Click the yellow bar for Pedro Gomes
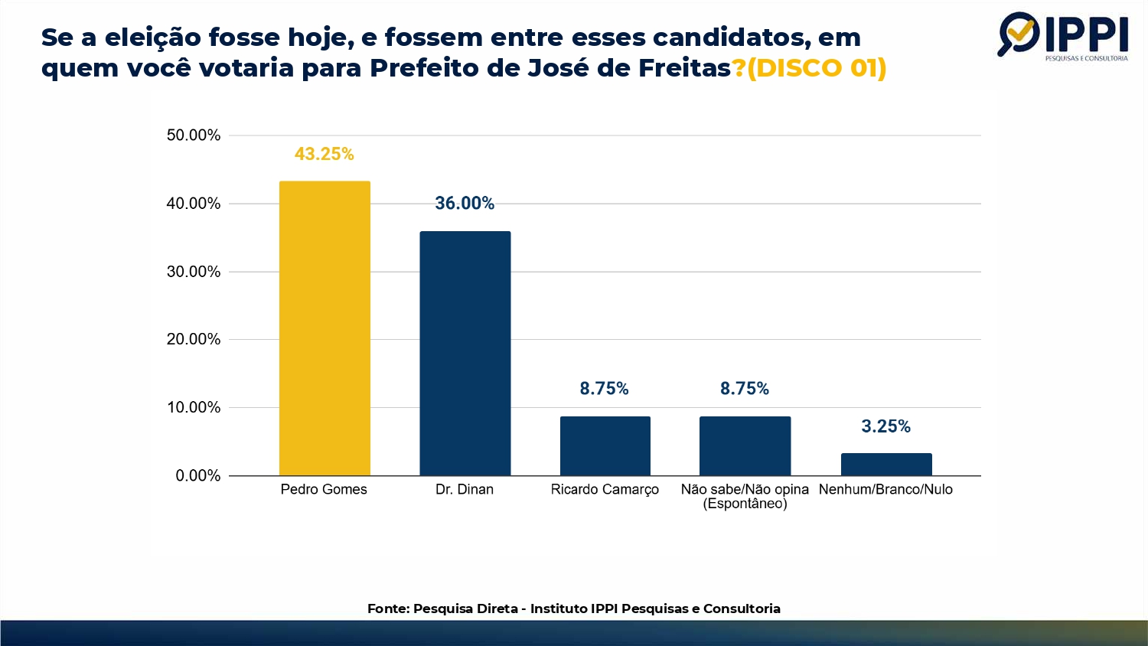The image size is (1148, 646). [325, 328]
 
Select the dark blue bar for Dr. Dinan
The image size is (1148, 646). [465, 353]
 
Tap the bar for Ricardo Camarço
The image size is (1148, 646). [605, 445]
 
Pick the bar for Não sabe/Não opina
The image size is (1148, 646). [745, 445]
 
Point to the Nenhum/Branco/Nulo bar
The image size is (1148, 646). [886, 464]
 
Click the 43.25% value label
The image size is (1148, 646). [325, 154]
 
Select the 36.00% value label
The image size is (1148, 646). [465, 203]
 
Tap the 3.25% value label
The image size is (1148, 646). [885, 426]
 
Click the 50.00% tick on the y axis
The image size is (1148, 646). [194, 135]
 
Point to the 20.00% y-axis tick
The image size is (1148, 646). [194, 339]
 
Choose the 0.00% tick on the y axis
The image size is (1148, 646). [197, 475]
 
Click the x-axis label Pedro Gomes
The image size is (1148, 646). [324, 489]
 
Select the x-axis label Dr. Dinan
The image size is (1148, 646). [465, 489]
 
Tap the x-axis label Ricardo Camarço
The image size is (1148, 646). [605, 490]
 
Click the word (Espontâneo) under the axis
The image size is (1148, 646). [745, 504]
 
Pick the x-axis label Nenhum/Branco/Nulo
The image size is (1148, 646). [885, 489]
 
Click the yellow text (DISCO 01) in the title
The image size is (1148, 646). [817, 68]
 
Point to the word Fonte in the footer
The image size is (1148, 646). [387, 608]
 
